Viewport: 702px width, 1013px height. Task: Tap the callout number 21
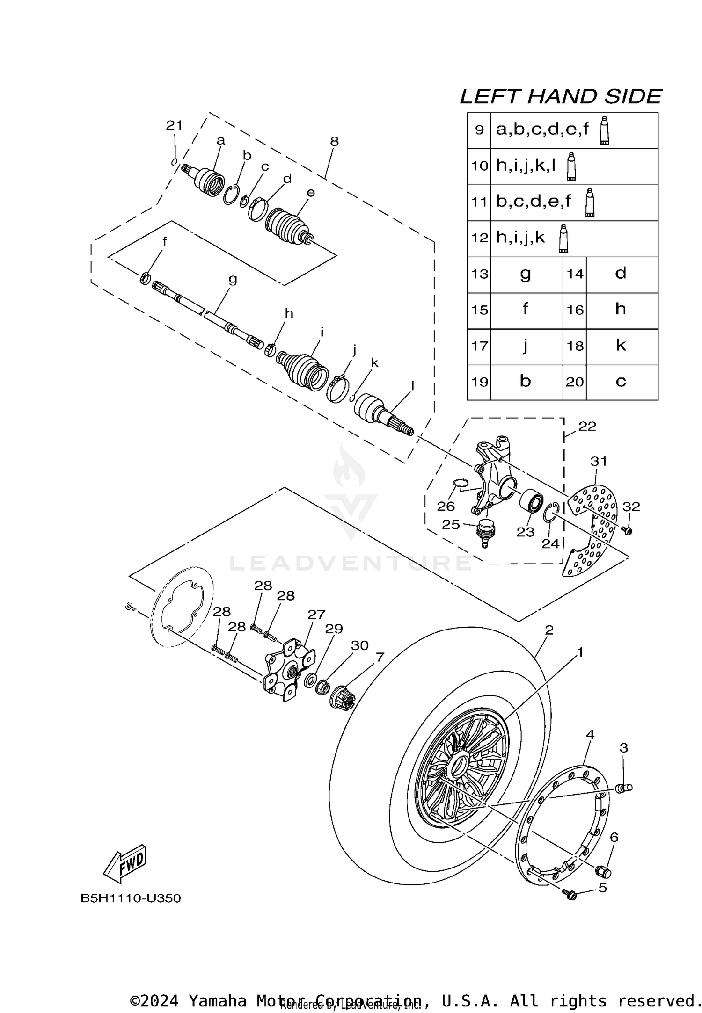tap(174, 125)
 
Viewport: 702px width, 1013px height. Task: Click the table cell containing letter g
tap(526, 275)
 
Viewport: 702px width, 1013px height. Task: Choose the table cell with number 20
tap(575, 382)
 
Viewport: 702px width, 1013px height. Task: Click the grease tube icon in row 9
tap(604, 130)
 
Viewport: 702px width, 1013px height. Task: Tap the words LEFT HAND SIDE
tap(560, 97)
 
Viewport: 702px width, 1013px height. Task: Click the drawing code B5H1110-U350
tap(131, 898)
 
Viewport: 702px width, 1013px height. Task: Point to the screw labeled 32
tap(628, 531)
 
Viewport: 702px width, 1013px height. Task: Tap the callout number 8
tap(334, 141)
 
